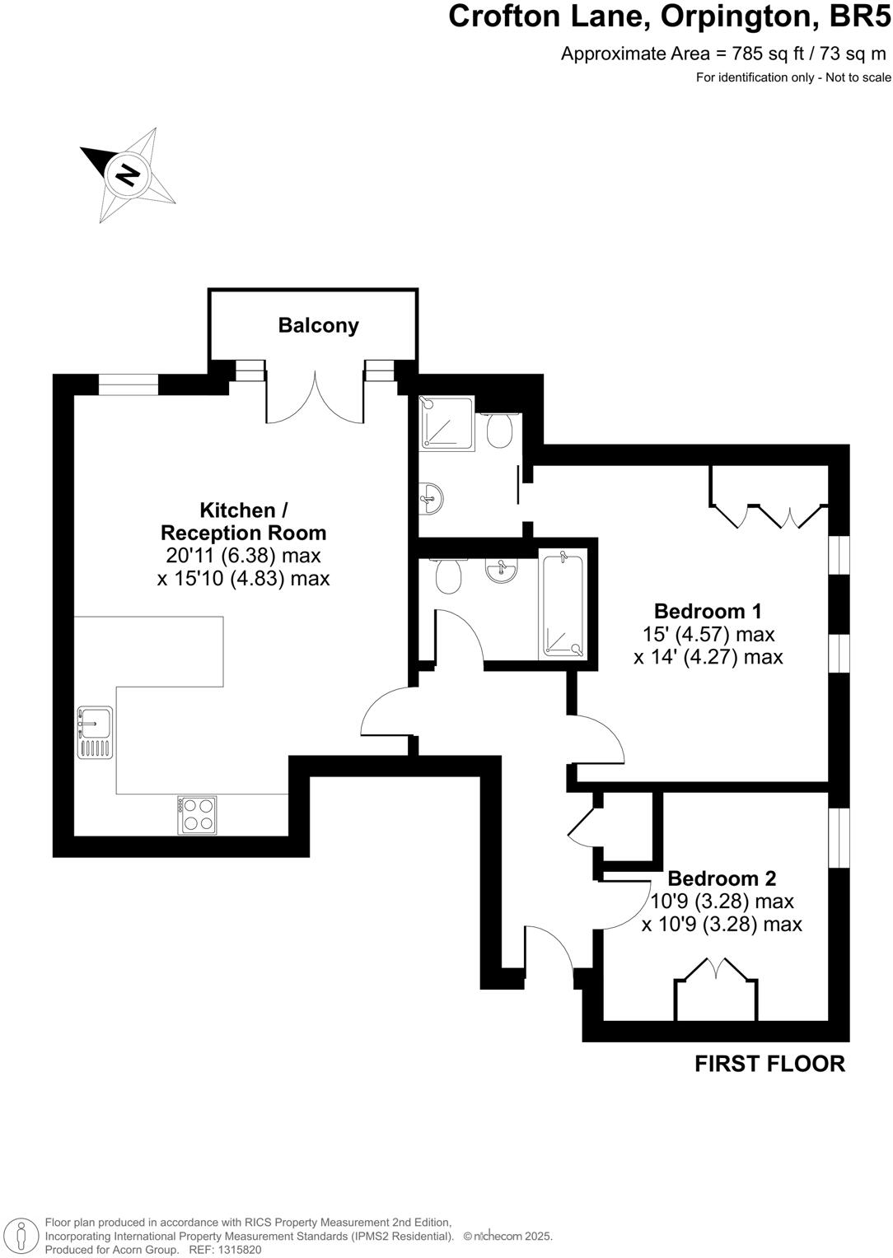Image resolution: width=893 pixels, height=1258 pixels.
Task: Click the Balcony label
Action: pyautogui.click(x=318, y=325)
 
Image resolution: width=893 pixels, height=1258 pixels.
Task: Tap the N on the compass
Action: pyautogui.click(x=127, y=175)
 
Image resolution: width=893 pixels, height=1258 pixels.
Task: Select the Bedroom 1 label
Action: pyautogui.click(x=708, y=611)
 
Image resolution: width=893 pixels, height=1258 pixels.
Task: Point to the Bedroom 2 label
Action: pyautogui.click(x=722, y=878)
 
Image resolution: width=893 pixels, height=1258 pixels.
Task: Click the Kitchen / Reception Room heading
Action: pyautogui.click(x=243, y=521)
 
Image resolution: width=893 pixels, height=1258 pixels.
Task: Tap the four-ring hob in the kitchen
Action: pyautogui.click(x=198, y=814)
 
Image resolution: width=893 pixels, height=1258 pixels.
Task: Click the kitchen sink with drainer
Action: pyautogui.click(x=95, y=731)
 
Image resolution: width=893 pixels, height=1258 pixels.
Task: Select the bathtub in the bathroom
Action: pyautogui.click(x=563, y=605)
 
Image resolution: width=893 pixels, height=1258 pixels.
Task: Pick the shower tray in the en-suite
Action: pyautogui.click(x=446, y=423)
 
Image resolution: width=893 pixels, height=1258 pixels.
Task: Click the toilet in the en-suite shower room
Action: pyautogui.click(x=499, y=430)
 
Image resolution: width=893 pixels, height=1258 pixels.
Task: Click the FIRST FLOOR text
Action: pyautogui.click(x=769, y=1064)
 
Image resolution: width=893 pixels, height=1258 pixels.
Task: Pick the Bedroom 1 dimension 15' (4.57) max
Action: pyautogui.click(x=708, y=634)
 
